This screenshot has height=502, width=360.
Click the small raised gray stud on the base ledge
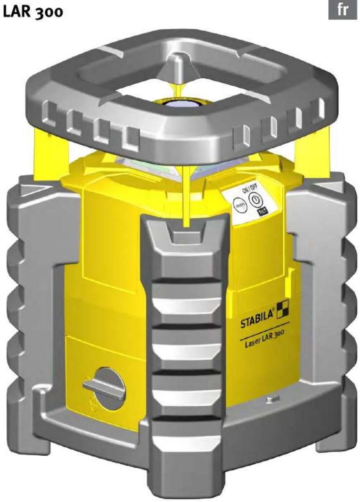coord(270,400)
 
